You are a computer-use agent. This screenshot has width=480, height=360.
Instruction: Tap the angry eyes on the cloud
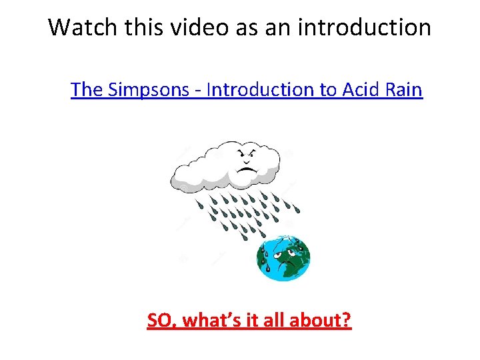point(247,158)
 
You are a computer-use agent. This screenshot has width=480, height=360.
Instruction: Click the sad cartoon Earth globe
point(284,258)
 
